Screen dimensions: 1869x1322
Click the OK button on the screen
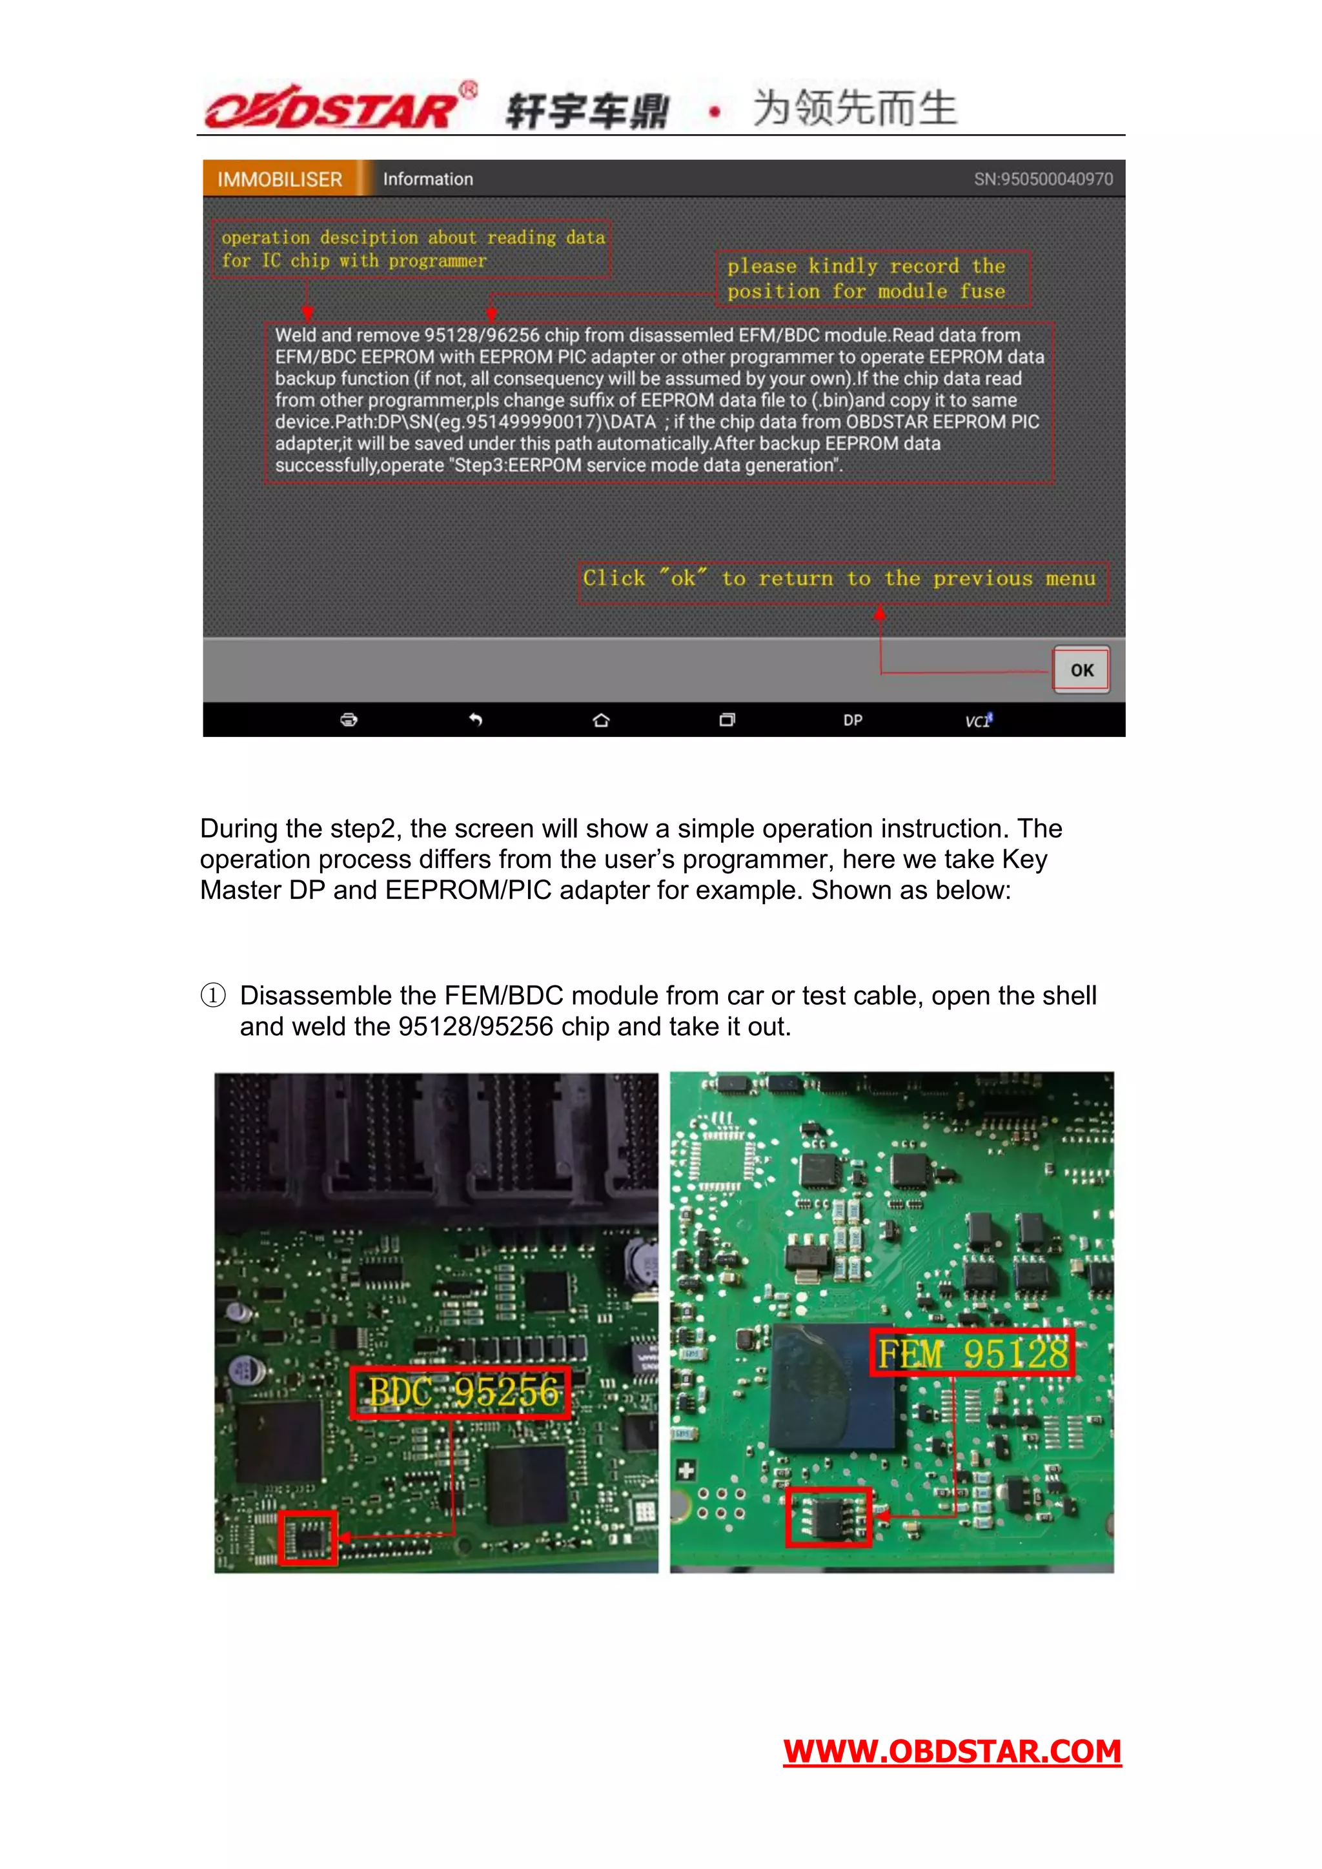[x=1081, y=670]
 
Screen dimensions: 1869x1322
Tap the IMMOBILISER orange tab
[x=280, y=179]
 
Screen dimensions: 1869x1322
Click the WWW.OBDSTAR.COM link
[x=951, y=1751]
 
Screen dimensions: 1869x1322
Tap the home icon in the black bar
[x=602, y=720]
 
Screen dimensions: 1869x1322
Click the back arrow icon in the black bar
[x=475, y=720]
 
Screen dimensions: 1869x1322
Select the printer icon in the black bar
[x=349, y=720]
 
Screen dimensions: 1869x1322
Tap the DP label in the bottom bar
[x=852, y=720]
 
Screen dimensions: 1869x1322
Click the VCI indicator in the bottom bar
[x=978, y=720]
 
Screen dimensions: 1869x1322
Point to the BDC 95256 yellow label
[x=462, y=1392]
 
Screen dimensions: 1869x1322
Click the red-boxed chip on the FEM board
[x=829, y=1517]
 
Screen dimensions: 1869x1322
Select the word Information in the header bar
[x=428, y=179]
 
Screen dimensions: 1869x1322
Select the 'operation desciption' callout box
[x=411, y=249]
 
